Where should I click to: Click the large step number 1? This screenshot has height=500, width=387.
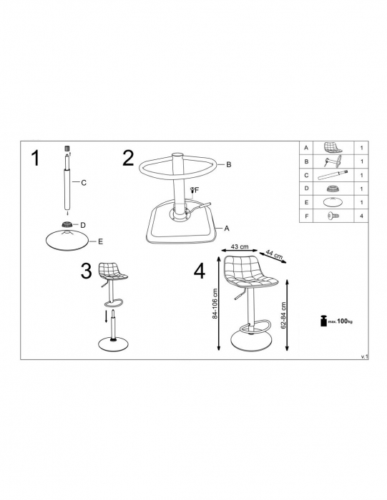click(x=36, y=158)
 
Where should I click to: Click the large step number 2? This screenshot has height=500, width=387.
click(x=128, y=159)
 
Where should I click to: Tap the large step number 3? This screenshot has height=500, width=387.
click(x=86, y=271)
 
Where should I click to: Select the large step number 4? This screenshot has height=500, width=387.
click(x=200, y=271)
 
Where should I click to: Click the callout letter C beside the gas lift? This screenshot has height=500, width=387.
click(x=84, y=183)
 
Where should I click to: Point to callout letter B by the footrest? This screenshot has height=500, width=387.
click(x=229, y=164)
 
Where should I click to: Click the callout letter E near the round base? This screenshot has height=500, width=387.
click(x=101, y=241)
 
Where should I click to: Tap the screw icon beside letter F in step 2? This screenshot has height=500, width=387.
click(x=192, y=190)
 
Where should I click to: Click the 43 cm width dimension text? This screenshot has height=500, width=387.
click(x=240, y=246)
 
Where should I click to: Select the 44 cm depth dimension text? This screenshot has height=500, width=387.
click(x=274, y=254)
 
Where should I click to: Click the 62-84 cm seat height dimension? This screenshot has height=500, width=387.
click(x=283, y=316)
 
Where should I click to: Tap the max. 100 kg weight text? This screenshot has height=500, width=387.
click(x=340, y=321)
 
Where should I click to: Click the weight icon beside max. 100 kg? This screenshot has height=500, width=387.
click(x=323, y=321)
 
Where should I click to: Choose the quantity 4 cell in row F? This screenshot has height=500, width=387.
click(x=361, y=216)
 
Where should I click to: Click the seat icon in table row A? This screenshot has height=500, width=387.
click(x=333, y=148)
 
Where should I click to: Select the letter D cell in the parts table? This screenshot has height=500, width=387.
click(x=306, y=189)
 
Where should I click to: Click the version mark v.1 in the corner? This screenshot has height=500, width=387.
click(x=364, y=357)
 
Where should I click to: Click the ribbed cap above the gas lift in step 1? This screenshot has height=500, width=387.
click(x=67, y=149)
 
